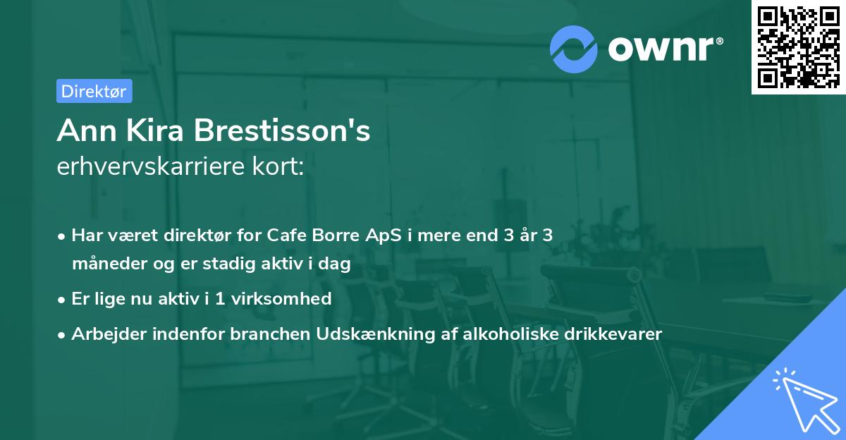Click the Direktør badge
click(x=94, y=91)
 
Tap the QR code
click(x=797, y=47)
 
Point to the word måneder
click(x=108, y=264)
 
